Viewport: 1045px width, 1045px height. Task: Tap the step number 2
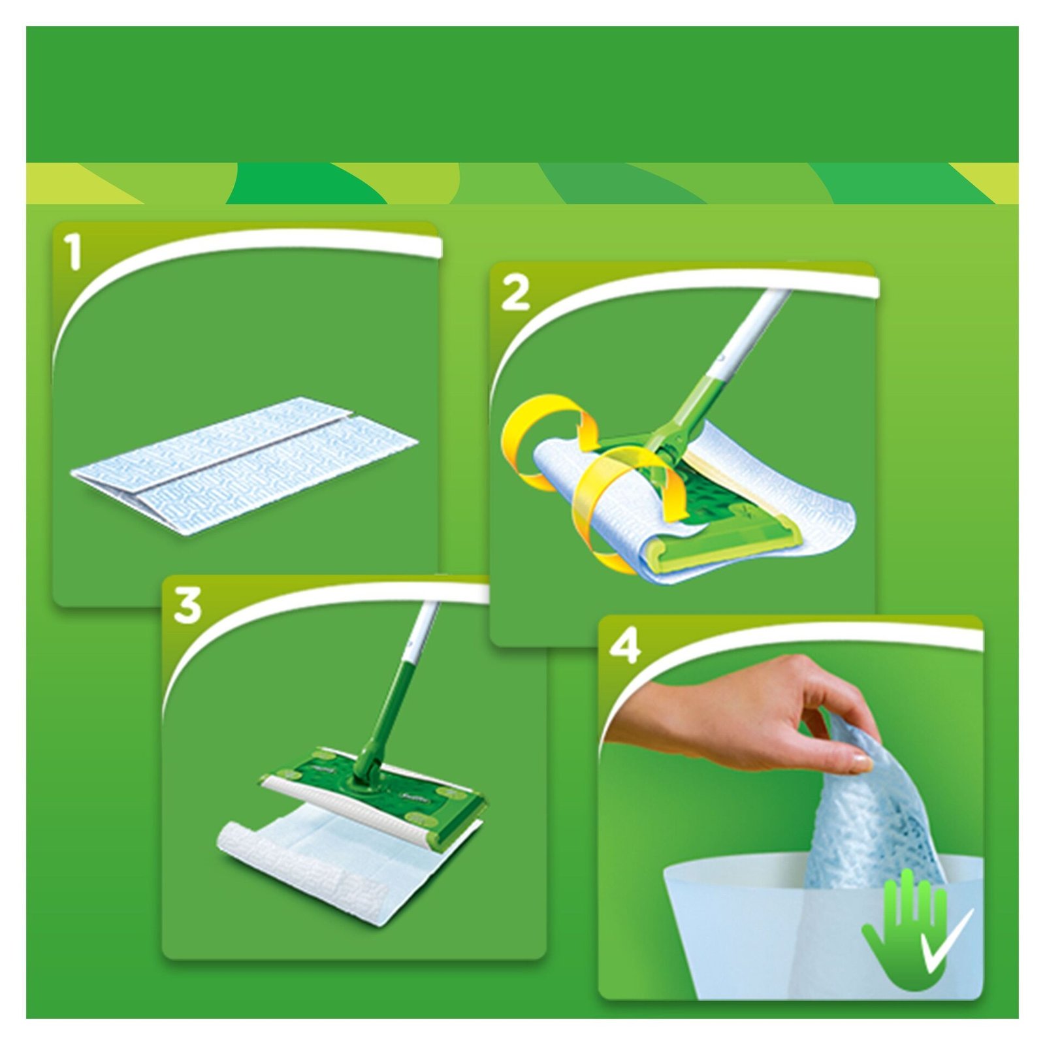[x=515, y=294]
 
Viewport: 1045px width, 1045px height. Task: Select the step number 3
[x=187, y=605]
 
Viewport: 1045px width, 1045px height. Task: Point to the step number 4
[x=625, y=647]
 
